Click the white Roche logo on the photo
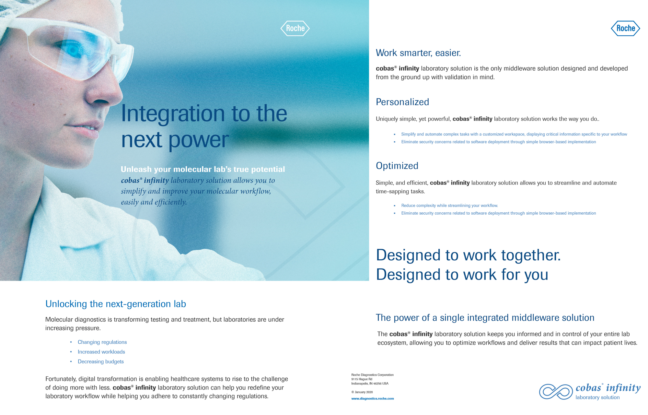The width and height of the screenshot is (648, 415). point(295,29)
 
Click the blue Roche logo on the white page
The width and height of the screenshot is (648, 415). point(626,29)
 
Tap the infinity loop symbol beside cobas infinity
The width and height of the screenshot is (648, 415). point(556,392)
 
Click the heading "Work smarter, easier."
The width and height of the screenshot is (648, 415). point(418,53)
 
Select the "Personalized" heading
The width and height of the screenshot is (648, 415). point(402,102)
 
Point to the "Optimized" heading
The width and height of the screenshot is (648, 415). point(397,166)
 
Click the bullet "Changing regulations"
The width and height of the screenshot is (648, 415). point(102,342)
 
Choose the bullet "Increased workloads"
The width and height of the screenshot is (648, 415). point(101,352)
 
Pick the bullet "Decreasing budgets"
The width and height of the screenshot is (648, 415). point(100,362)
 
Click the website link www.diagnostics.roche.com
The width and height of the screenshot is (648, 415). point(373,399)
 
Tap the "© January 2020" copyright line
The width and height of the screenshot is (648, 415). point(362,392)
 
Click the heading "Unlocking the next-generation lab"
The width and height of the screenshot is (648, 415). point(116,304)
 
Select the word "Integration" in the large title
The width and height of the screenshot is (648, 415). point(173,114)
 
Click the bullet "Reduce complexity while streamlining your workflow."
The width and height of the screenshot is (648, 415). point(449,206)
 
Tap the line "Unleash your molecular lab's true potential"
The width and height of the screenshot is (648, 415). point(203,169)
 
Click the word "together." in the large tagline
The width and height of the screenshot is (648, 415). point(531,255)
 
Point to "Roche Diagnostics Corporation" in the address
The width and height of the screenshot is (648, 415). point(372,375)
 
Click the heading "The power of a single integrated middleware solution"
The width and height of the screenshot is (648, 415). point(485,318)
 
